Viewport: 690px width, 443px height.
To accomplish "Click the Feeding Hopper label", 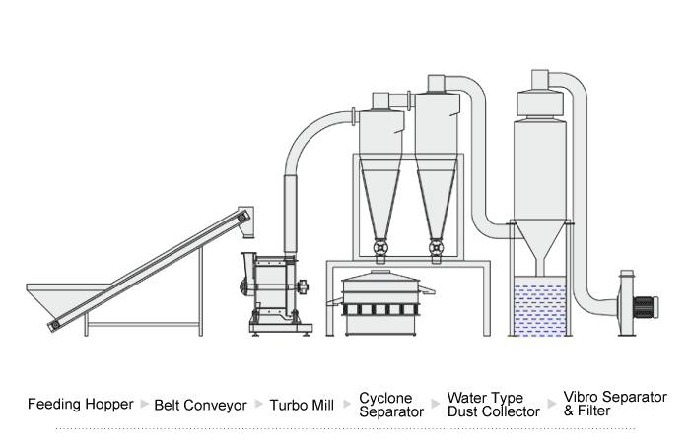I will pos(80,405).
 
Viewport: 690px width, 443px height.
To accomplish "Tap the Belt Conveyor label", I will pos(200,405).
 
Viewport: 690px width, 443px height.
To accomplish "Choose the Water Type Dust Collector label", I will pos(493,405).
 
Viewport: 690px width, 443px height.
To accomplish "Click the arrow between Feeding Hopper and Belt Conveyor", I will pos(145,404).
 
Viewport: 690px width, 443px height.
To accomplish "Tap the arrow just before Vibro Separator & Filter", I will pos(551,404).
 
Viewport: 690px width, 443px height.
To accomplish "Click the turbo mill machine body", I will pos(271,285).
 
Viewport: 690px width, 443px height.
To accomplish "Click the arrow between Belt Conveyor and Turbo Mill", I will pos(259,404).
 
